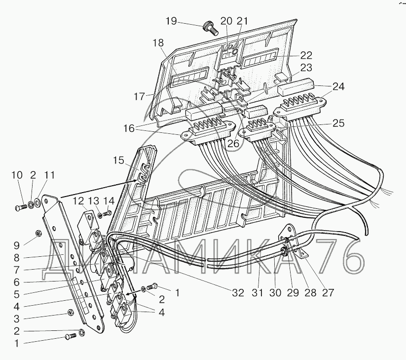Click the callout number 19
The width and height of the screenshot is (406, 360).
point(171,21)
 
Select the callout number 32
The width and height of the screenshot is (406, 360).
point(238,292)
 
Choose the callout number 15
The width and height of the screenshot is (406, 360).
point(118,160)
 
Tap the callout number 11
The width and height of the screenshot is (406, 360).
point(50,175)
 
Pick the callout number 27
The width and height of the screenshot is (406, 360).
point(328,292)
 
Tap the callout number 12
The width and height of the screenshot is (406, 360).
point(79,200)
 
